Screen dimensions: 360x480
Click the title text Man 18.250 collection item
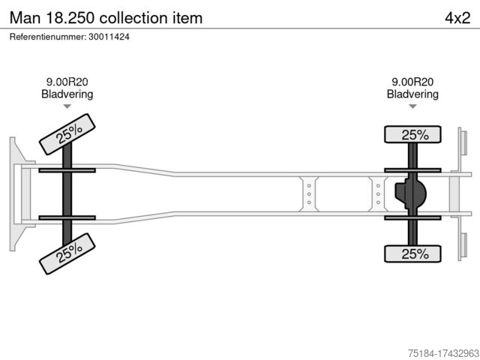(x=106, y=17)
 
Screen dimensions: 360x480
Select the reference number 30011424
(x=70, y=36)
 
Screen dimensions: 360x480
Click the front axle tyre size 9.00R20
(x=67, y=82)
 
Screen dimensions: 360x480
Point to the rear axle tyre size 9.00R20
(x=412, y=82)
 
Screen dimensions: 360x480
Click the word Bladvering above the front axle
(x=67, y=94)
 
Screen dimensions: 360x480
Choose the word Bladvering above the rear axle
(x=412, y=94)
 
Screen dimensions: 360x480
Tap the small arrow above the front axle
(x=67, y=107)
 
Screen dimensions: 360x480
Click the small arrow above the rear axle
(x=412, y=107)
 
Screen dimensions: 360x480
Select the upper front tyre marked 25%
(x=67, y=133)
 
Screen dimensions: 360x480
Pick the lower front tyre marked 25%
(x=67, y=252)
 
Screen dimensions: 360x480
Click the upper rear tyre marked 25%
(x=413, y=135)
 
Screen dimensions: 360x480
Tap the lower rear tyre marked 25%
(x=413, y=253)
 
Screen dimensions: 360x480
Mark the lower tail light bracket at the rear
(x=463, y=246)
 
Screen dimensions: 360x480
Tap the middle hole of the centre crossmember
(x=309, y=194)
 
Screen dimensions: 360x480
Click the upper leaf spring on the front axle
(x=67, y=170)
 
